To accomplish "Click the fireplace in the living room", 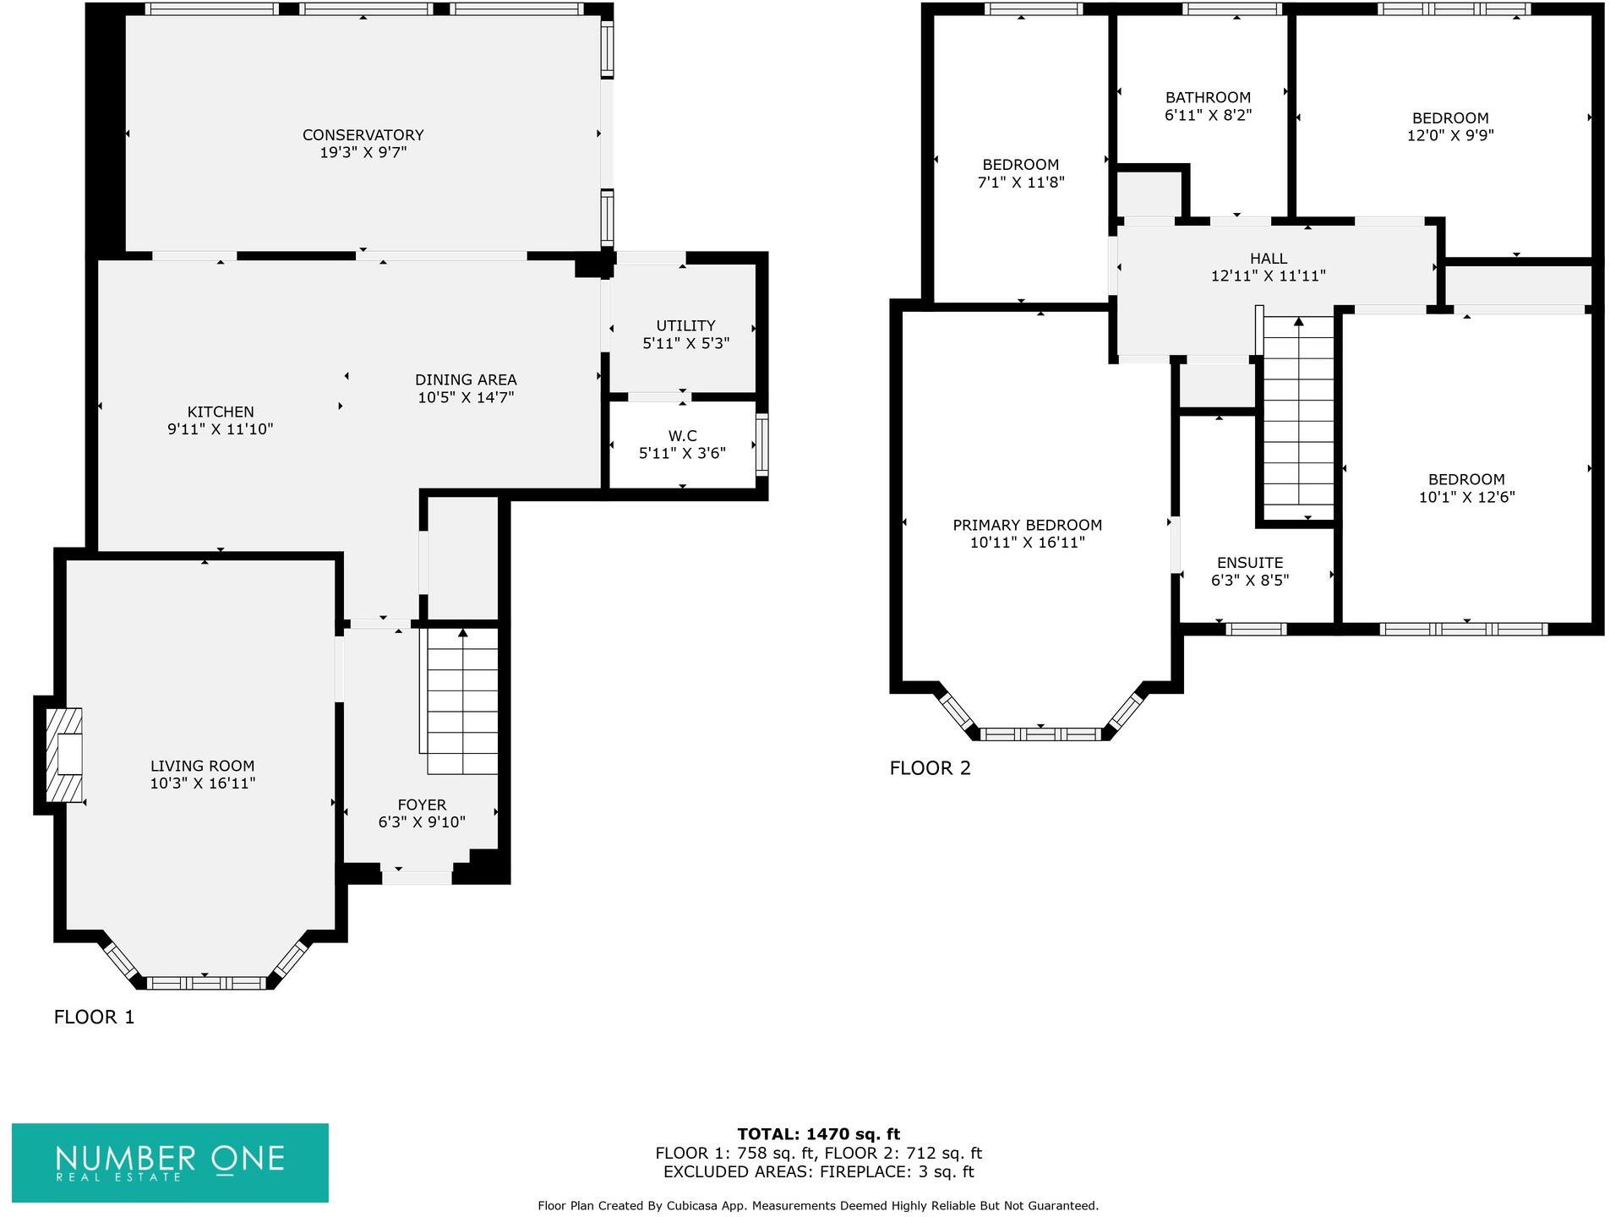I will [x=65, y=755].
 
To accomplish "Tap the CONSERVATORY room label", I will [x=363, y=135].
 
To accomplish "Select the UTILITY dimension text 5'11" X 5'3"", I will [x=685, y=343].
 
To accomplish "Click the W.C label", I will [x=682, y=436].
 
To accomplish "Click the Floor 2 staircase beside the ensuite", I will [x=1297, y=418].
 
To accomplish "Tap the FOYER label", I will [x=422, y=805].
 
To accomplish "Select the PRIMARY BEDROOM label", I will [x=1027, y=525].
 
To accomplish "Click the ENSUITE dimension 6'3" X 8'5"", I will [x=1249, y=581].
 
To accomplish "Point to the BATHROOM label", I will [x=1208, y=97].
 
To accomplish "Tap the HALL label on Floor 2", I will [x=1268, y=259].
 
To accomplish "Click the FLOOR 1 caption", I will [x=94, y=1017].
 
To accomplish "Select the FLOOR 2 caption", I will [x=930, y=768].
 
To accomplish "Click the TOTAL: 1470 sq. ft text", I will [x=818, y=1134].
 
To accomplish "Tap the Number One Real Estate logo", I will [x=170, y=1162].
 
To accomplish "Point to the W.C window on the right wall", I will [x=761, y=444].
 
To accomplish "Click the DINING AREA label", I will [x=466, y=379].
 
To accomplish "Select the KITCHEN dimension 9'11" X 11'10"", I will [x=220, y=429].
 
